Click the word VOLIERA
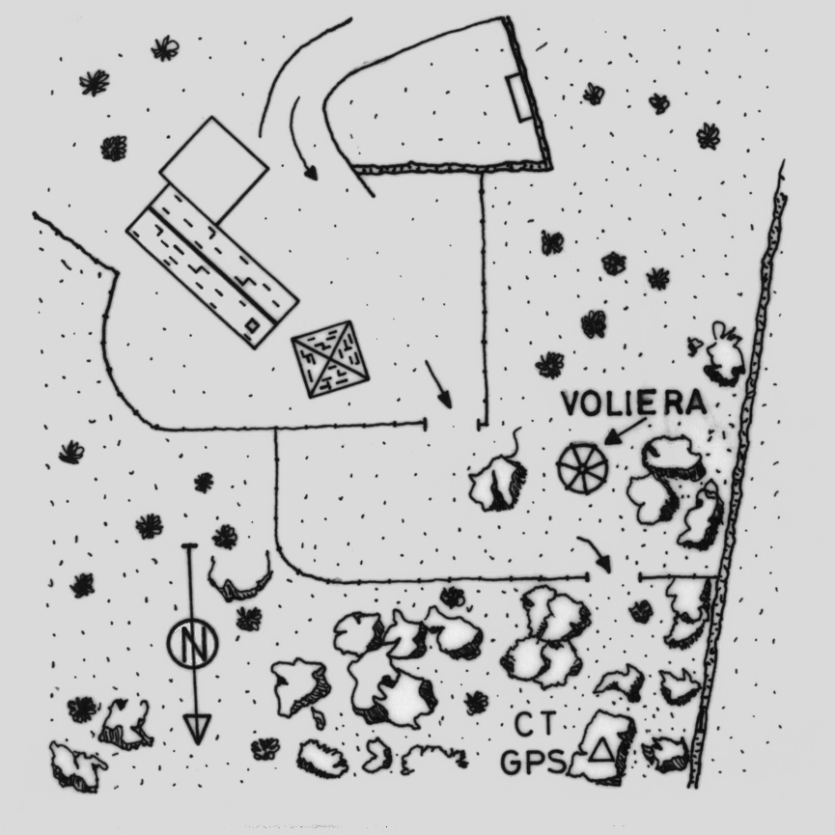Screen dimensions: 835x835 point(633,403)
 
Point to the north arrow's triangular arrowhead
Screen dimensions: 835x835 point(197,727)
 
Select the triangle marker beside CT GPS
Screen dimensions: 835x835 point(602,749)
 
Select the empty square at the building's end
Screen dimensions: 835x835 point(213,170)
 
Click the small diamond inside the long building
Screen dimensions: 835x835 point(253,326)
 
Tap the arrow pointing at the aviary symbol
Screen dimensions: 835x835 point(625,430)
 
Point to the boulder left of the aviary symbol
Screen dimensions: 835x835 point(498,483)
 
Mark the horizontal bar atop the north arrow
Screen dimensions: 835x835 point(189,546)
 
